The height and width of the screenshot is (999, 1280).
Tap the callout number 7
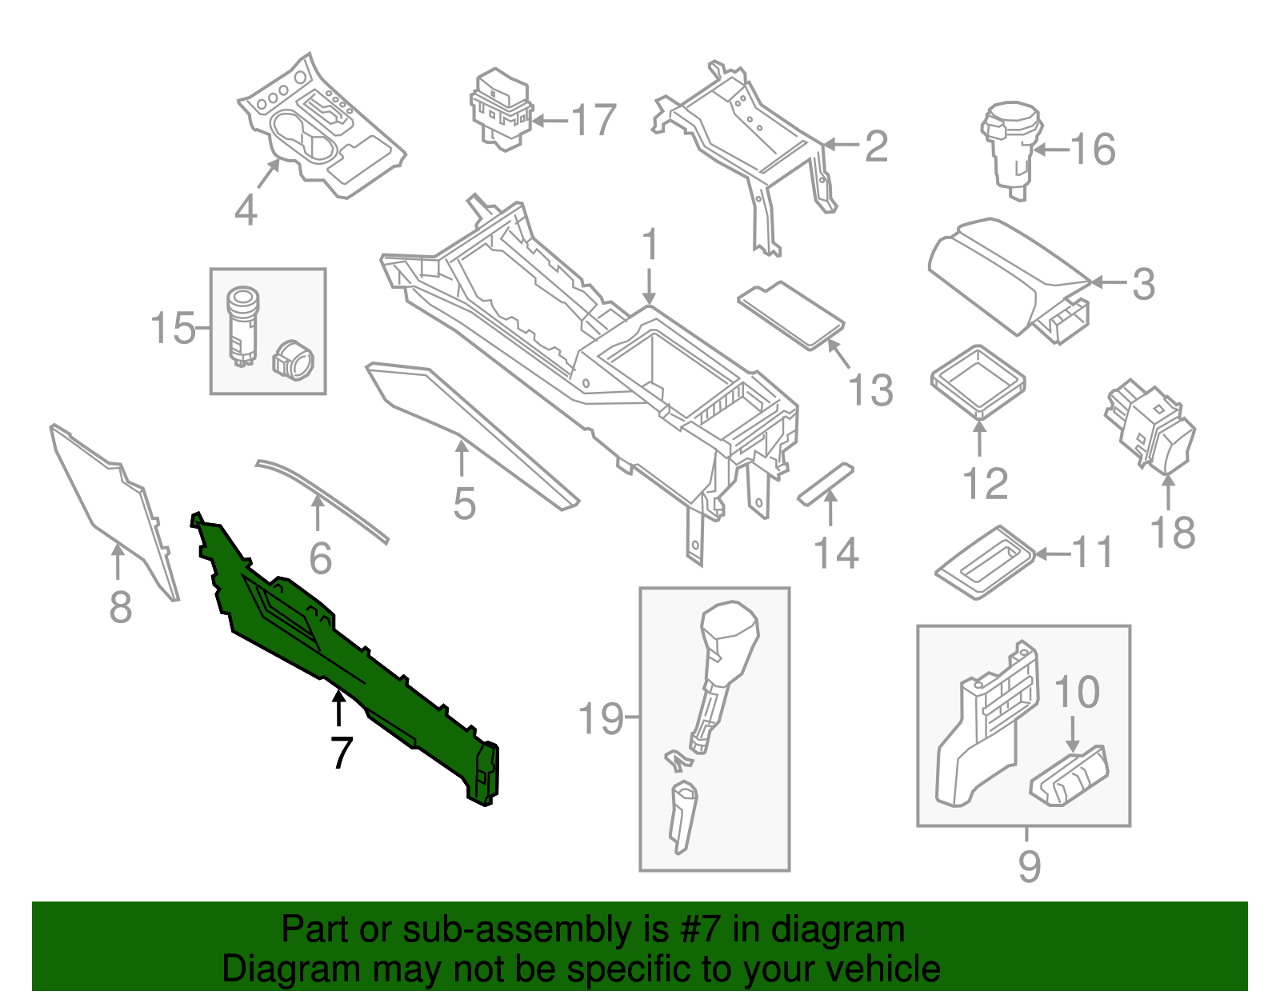(342, 753)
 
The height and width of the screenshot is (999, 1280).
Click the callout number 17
(594, 121)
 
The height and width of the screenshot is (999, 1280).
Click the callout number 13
(870, 390)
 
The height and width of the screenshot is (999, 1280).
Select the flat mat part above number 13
(790, 314)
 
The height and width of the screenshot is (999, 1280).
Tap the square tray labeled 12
(978, 381)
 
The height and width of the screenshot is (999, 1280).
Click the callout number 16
(1094, 149)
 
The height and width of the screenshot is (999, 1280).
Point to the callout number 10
(1077, 693)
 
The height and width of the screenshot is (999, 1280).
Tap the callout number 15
(173, 329)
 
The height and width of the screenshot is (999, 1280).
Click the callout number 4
(246, 210)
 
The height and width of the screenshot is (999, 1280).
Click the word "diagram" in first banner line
(838, 930)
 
